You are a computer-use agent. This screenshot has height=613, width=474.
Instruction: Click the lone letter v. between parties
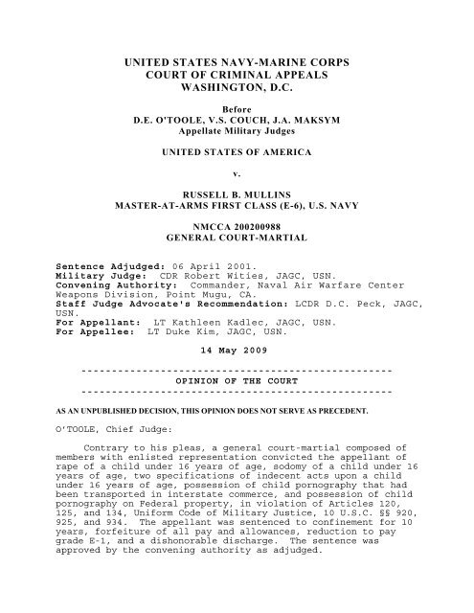(x=237, y=203)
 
